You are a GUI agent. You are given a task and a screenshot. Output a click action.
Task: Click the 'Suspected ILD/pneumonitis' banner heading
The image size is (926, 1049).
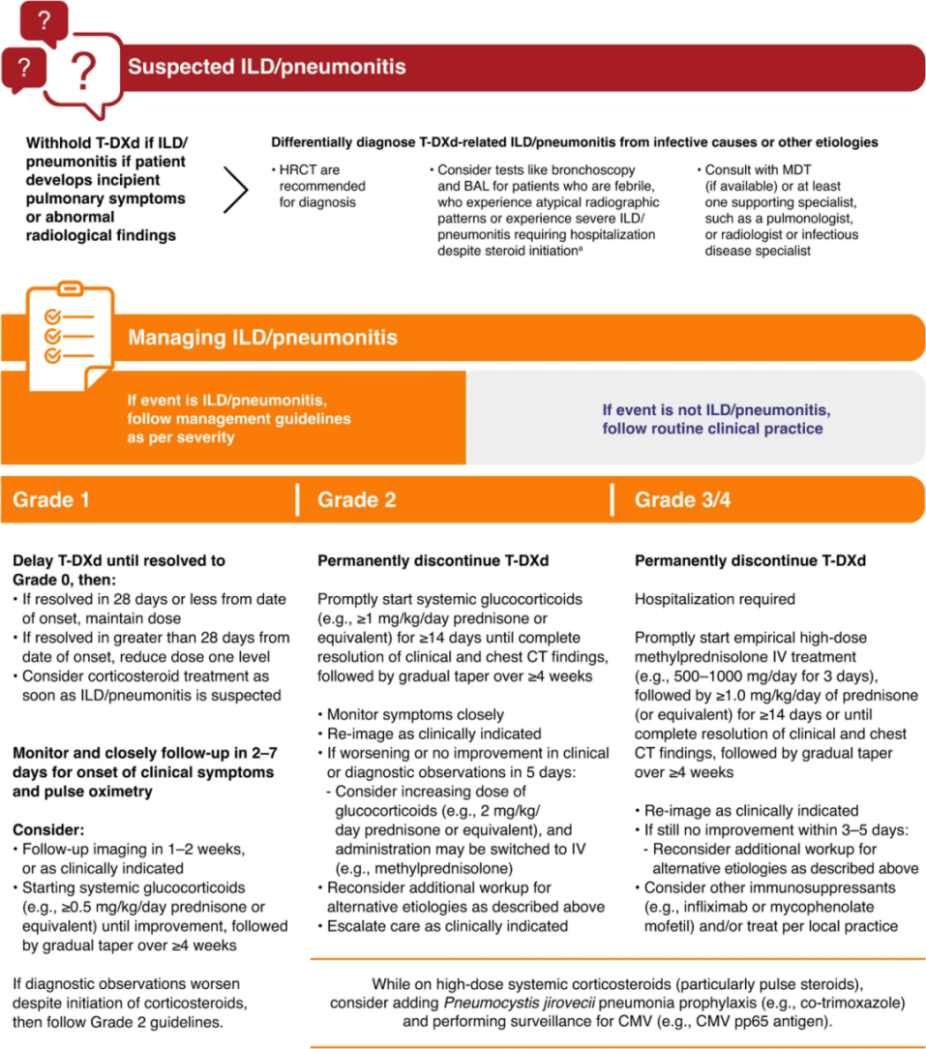[x=266, y=68]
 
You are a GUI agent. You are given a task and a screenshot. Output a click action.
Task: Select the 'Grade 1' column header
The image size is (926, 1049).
[x=50, y=500]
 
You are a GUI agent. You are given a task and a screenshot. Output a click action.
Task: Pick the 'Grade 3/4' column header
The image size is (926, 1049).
[x=675, y=500]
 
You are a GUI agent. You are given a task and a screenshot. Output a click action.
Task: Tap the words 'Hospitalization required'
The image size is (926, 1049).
[x=714, y=600]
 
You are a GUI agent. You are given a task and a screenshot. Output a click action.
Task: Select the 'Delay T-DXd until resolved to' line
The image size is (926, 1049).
[x=118, y=560]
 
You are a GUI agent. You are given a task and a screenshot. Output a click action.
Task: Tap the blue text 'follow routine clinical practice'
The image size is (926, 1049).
[x=712, y=429]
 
